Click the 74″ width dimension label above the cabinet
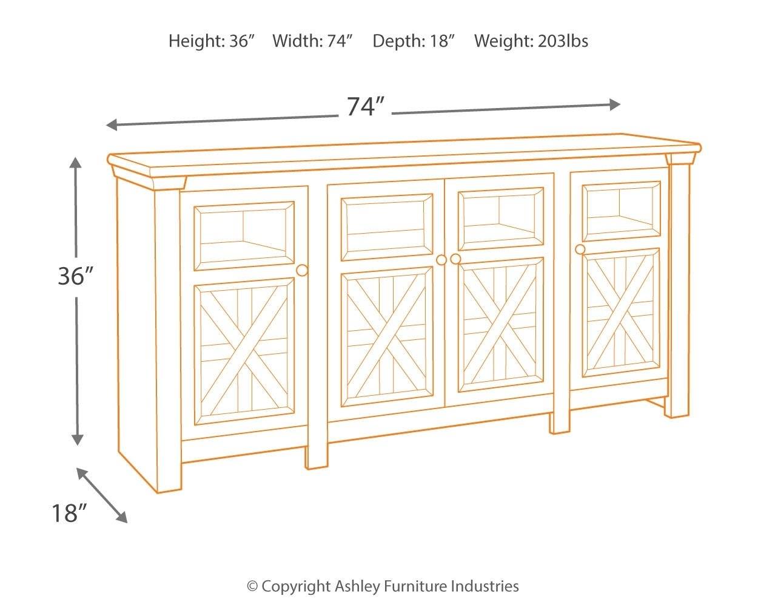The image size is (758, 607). tap(365, 106)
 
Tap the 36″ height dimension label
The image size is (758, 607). tap(76, 276)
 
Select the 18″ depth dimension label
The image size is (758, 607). tap(69, 513)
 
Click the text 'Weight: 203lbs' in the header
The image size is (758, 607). tap(531, 41)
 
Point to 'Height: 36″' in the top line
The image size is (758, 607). tap(212, 41)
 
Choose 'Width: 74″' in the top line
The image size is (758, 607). tap(312, 41)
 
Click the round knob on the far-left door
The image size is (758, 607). tap(302, 271)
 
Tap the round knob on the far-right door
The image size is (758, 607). tap(580, 249)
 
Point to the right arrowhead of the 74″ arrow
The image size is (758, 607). tap(615, 104)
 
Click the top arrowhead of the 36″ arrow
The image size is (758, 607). tap(76, 162)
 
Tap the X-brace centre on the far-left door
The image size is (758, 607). tap(244, 351)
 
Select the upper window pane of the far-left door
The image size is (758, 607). tap(244, 236)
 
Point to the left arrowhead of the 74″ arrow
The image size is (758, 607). tap(112, 124)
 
